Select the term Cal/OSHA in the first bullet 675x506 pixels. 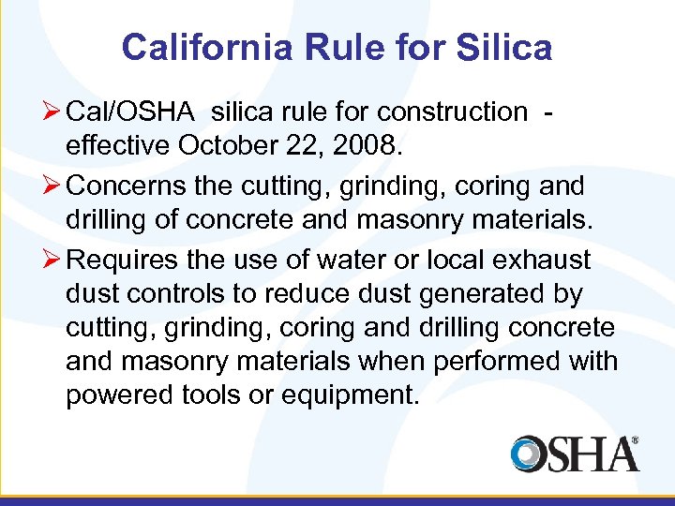pos(130,112)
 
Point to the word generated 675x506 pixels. pos(472,294)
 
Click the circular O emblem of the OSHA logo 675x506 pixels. pos(529,454)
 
